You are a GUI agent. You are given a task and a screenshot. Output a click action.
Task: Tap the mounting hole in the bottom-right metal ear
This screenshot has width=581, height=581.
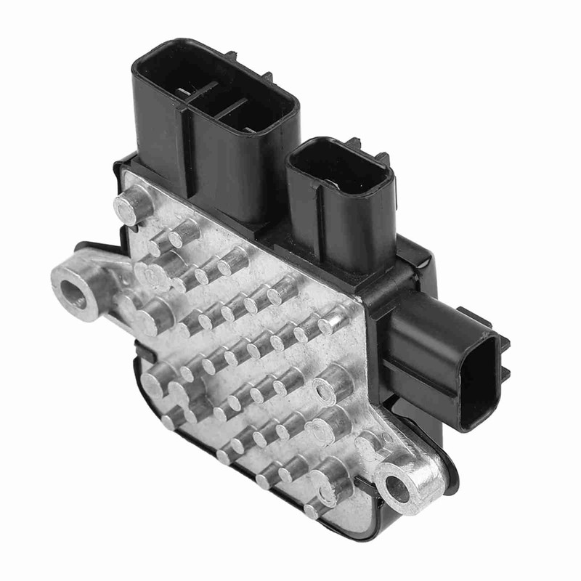(399, 490)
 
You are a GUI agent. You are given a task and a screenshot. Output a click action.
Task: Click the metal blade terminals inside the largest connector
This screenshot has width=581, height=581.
(218, 98)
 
